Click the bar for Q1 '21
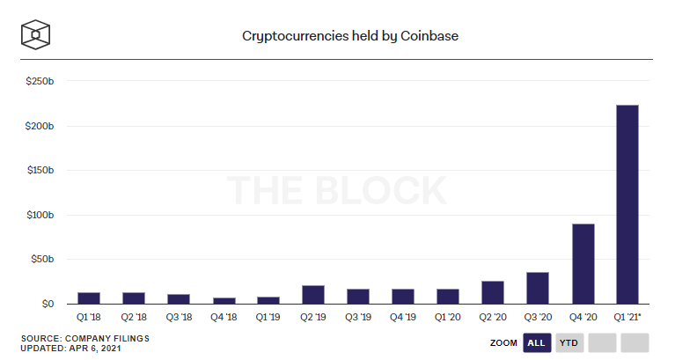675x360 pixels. click(627, 204)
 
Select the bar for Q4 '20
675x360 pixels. click(583, 263)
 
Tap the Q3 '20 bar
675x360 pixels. click(538, 288)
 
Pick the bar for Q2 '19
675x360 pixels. click(312, 294)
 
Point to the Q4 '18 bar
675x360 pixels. click(224, 300)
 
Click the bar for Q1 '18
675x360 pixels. click(88, 298)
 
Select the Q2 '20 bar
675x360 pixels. click(493, 292)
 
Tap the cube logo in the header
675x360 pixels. click(36, 33)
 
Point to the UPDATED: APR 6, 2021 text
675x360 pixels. click(71, 348)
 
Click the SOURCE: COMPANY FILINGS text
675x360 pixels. click(85, 338)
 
